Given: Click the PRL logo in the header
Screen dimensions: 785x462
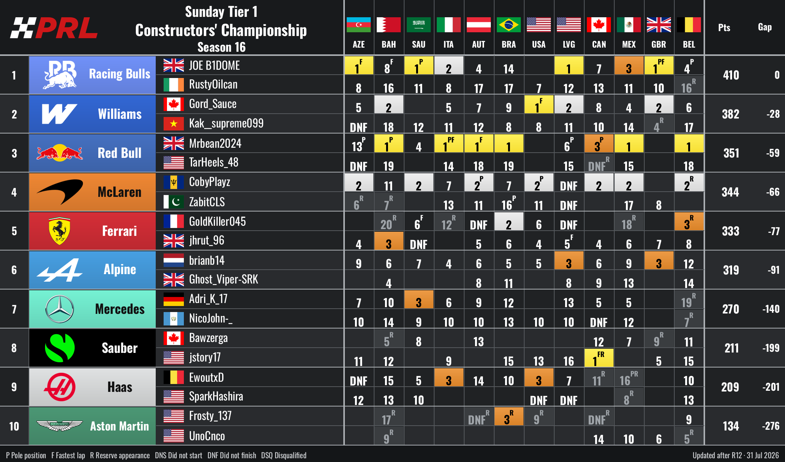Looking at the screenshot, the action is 54,28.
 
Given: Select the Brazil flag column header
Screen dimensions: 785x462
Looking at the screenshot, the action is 508,25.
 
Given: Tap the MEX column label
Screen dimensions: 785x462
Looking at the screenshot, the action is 629,45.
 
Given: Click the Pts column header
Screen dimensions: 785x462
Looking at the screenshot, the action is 724,27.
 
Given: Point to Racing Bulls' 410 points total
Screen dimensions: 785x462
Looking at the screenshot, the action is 731,75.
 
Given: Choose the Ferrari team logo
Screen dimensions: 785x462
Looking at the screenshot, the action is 59,231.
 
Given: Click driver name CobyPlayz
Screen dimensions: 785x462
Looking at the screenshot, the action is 209,182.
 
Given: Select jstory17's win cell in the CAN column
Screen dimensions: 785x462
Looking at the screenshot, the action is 599,358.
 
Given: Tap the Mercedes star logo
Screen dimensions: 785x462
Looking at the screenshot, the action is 59,309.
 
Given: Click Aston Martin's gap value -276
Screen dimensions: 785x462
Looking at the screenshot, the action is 771,426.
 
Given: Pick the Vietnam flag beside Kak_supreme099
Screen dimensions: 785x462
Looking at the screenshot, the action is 173,123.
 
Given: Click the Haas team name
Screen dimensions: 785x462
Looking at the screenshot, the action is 120,387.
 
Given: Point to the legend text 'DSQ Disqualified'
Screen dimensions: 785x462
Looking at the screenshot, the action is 284,455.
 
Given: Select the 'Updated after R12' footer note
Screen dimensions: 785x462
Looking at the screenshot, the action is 717,455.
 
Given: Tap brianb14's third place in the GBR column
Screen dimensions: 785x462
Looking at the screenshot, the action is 659,260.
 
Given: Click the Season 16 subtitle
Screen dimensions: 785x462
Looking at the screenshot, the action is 221,47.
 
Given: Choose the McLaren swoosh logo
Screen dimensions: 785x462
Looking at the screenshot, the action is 59,192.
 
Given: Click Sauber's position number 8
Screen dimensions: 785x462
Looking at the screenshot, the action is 14,348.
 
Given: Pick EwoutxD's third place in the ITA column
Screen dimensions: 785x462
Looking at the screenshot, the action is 449,377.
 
